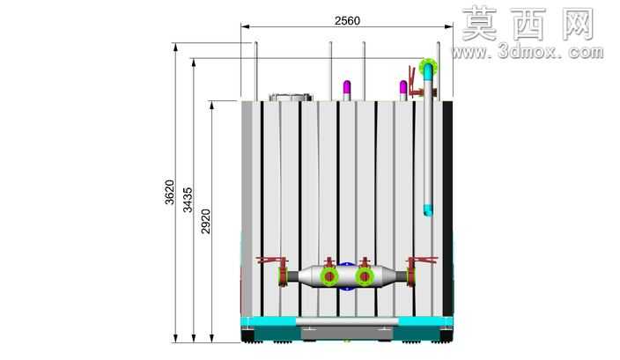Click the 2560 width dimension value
(347, 20)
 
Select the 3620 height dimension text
(169, 192)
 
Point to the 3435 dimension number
(188, 200)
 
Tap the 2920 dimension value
(206, 221)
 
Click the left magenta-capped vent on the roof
(347, 91)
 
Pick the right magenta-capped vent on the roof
(403, 91)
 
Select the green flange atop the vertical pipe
(428, 67)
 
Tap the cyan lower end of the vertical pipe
(428, 209)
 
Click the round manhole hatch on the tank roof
(291, 97)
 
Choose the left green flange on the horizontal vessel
(329, 276)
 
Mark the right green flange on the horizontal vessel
(365, 276)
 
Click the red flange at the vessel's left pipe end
(283, 276)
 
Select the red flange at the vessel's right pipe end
(410, 276)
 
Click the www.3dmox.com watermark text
(528, 52)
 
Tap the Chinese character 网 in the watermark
(579, 25)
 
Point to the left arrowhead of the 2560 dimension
(245, 26)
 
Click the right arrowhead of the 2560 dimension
(449, 26)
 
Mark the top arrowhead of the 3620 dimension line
(175, 48)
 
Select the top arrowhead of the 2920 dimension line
(212, 106)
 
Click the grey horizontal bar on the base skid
(347, 322)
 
